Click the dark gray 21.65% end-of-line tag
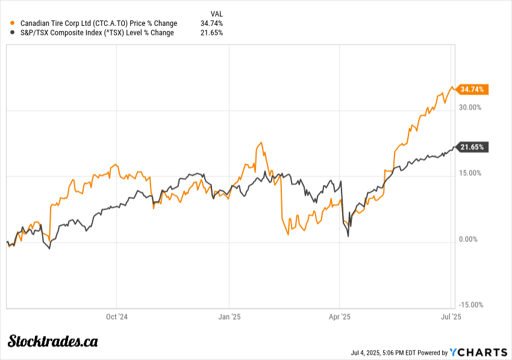pyautogui.click(x=473, y=147)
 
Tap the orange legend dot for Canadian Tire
pyautogui.click(x=13, y=23)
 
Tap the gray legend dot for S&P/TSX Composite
pyautogui.click(x=13, y=33)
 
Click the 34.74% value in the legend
pyautogui.click(x=211, y=23)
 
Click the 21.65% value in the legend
pyautogui.click(x=211, y=33)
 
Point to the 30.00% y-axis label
pyautogui.click(x=470, y=108)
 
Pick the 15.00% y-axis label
pyautogui.click(x=470, y=173)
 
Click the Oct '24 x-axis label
pyautogui.click(x=117, y=316)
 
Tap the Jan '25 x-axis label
pyautogui.click(x=229, y=316)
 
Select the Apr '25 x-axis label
pyautogui.click(x=340, y=316)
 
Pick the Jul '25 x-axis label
pyautogui.click(x=452, y=316)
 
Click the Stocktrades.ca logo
pyautogui.click(x=52, y=341)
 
